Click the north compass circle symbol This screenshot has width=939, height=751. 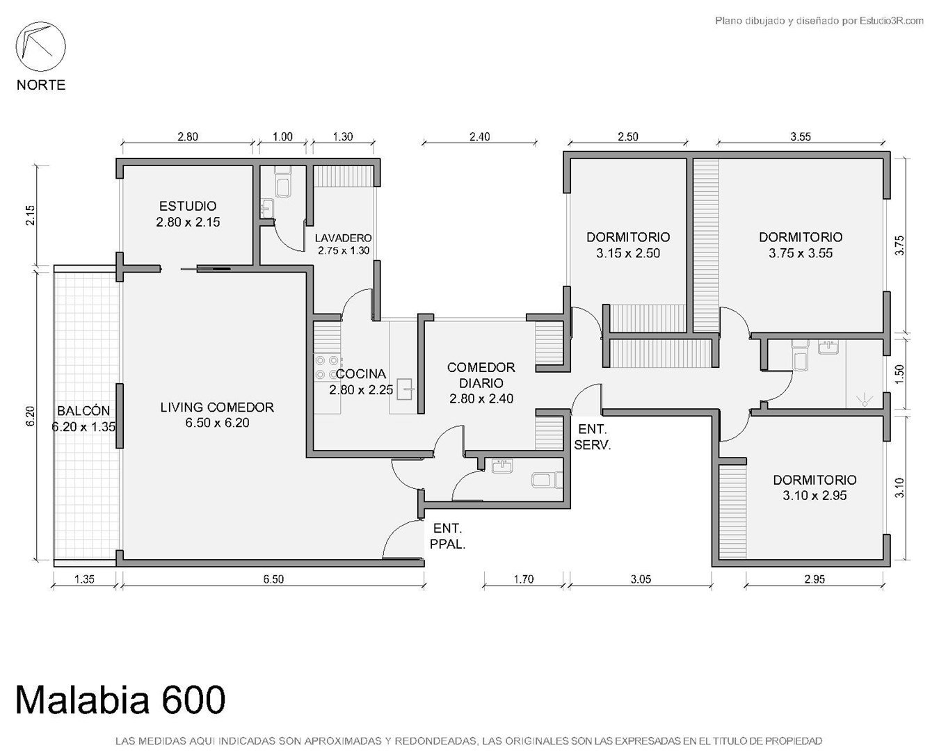(x=40, y=47)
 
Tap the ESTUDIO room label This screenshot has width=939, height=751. (x=188, y=206)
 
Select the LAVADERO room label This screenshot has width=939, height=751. (x=343, y=239)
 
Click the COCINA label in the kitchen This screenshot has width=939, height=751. (x=361, y=373)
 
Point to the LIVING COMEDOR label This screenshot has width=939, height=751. (x=217, y=407)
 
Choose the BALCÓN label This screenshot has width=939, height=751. (x=83, y=411)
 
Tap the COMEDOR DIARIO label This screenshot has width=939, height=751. (x=481, y=375)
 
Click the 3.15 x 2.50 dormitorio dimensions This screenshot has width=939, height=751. (x=628, y=253)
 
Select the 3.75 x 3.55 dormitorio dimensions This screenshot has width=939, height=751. (x=801, y=253)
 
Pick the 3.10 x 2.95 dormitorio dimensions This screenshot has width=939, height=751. (x=814, y=495)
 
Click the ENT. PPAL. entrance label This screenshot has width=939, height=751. (x=447, y=536)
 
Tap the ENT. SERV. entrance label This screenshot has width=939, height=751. (x=592, y=437)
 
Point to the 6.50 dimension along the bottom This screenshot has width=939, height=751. (x=273, y=579)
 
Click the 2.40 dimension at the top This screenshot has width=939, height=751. (x=479, y=136)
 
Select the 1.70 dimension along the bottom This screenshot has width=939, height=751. (x=523, y=579)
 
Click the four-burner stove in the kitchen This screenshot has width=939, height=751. (x=327, y=367)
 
